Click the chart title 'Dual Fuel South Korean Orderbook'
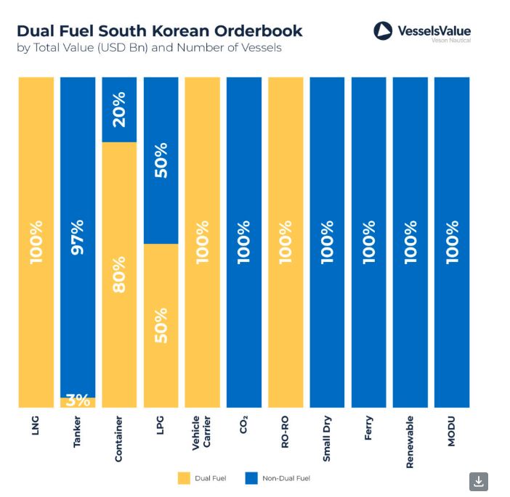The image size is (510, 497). (x=159, y=30)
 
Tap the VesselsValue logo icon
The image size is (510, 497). (x=383, y=30)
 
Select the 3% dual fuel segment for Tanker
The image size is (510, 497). (x=78, y=402)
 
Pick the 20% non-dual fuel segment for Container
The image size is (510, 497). (x=119, y=109)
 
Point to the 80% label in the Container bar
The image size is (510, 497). (x=119, y=274)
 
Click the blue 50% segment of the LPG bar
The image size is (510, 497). (x=161, y=160)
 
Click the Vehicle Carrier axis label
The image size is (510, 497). (x=202, y=433)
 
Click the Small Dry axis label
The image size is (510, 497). (x=327, y=438)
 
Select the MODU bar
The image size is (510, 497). (x=452, y=242)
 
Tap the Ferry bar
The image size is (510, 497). (x=368, y=242)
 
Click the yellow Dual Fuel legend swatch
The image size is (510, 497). (x=183, y=478)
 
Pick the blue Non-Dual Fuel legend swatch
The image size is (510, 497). (x=251, y=478)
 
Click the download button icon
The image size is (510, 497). (x=479, y=481)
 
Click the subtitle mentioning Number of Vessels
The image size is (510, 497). (x=149, y=48)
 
